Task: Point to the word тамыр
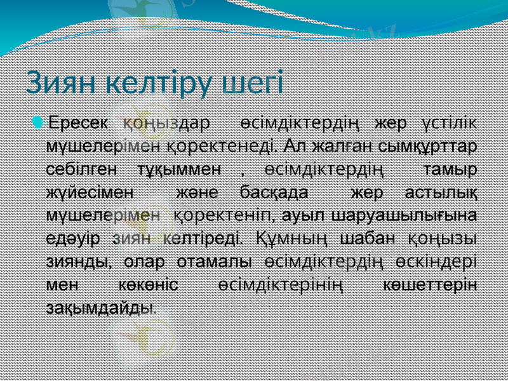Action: tap(451, 170)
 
